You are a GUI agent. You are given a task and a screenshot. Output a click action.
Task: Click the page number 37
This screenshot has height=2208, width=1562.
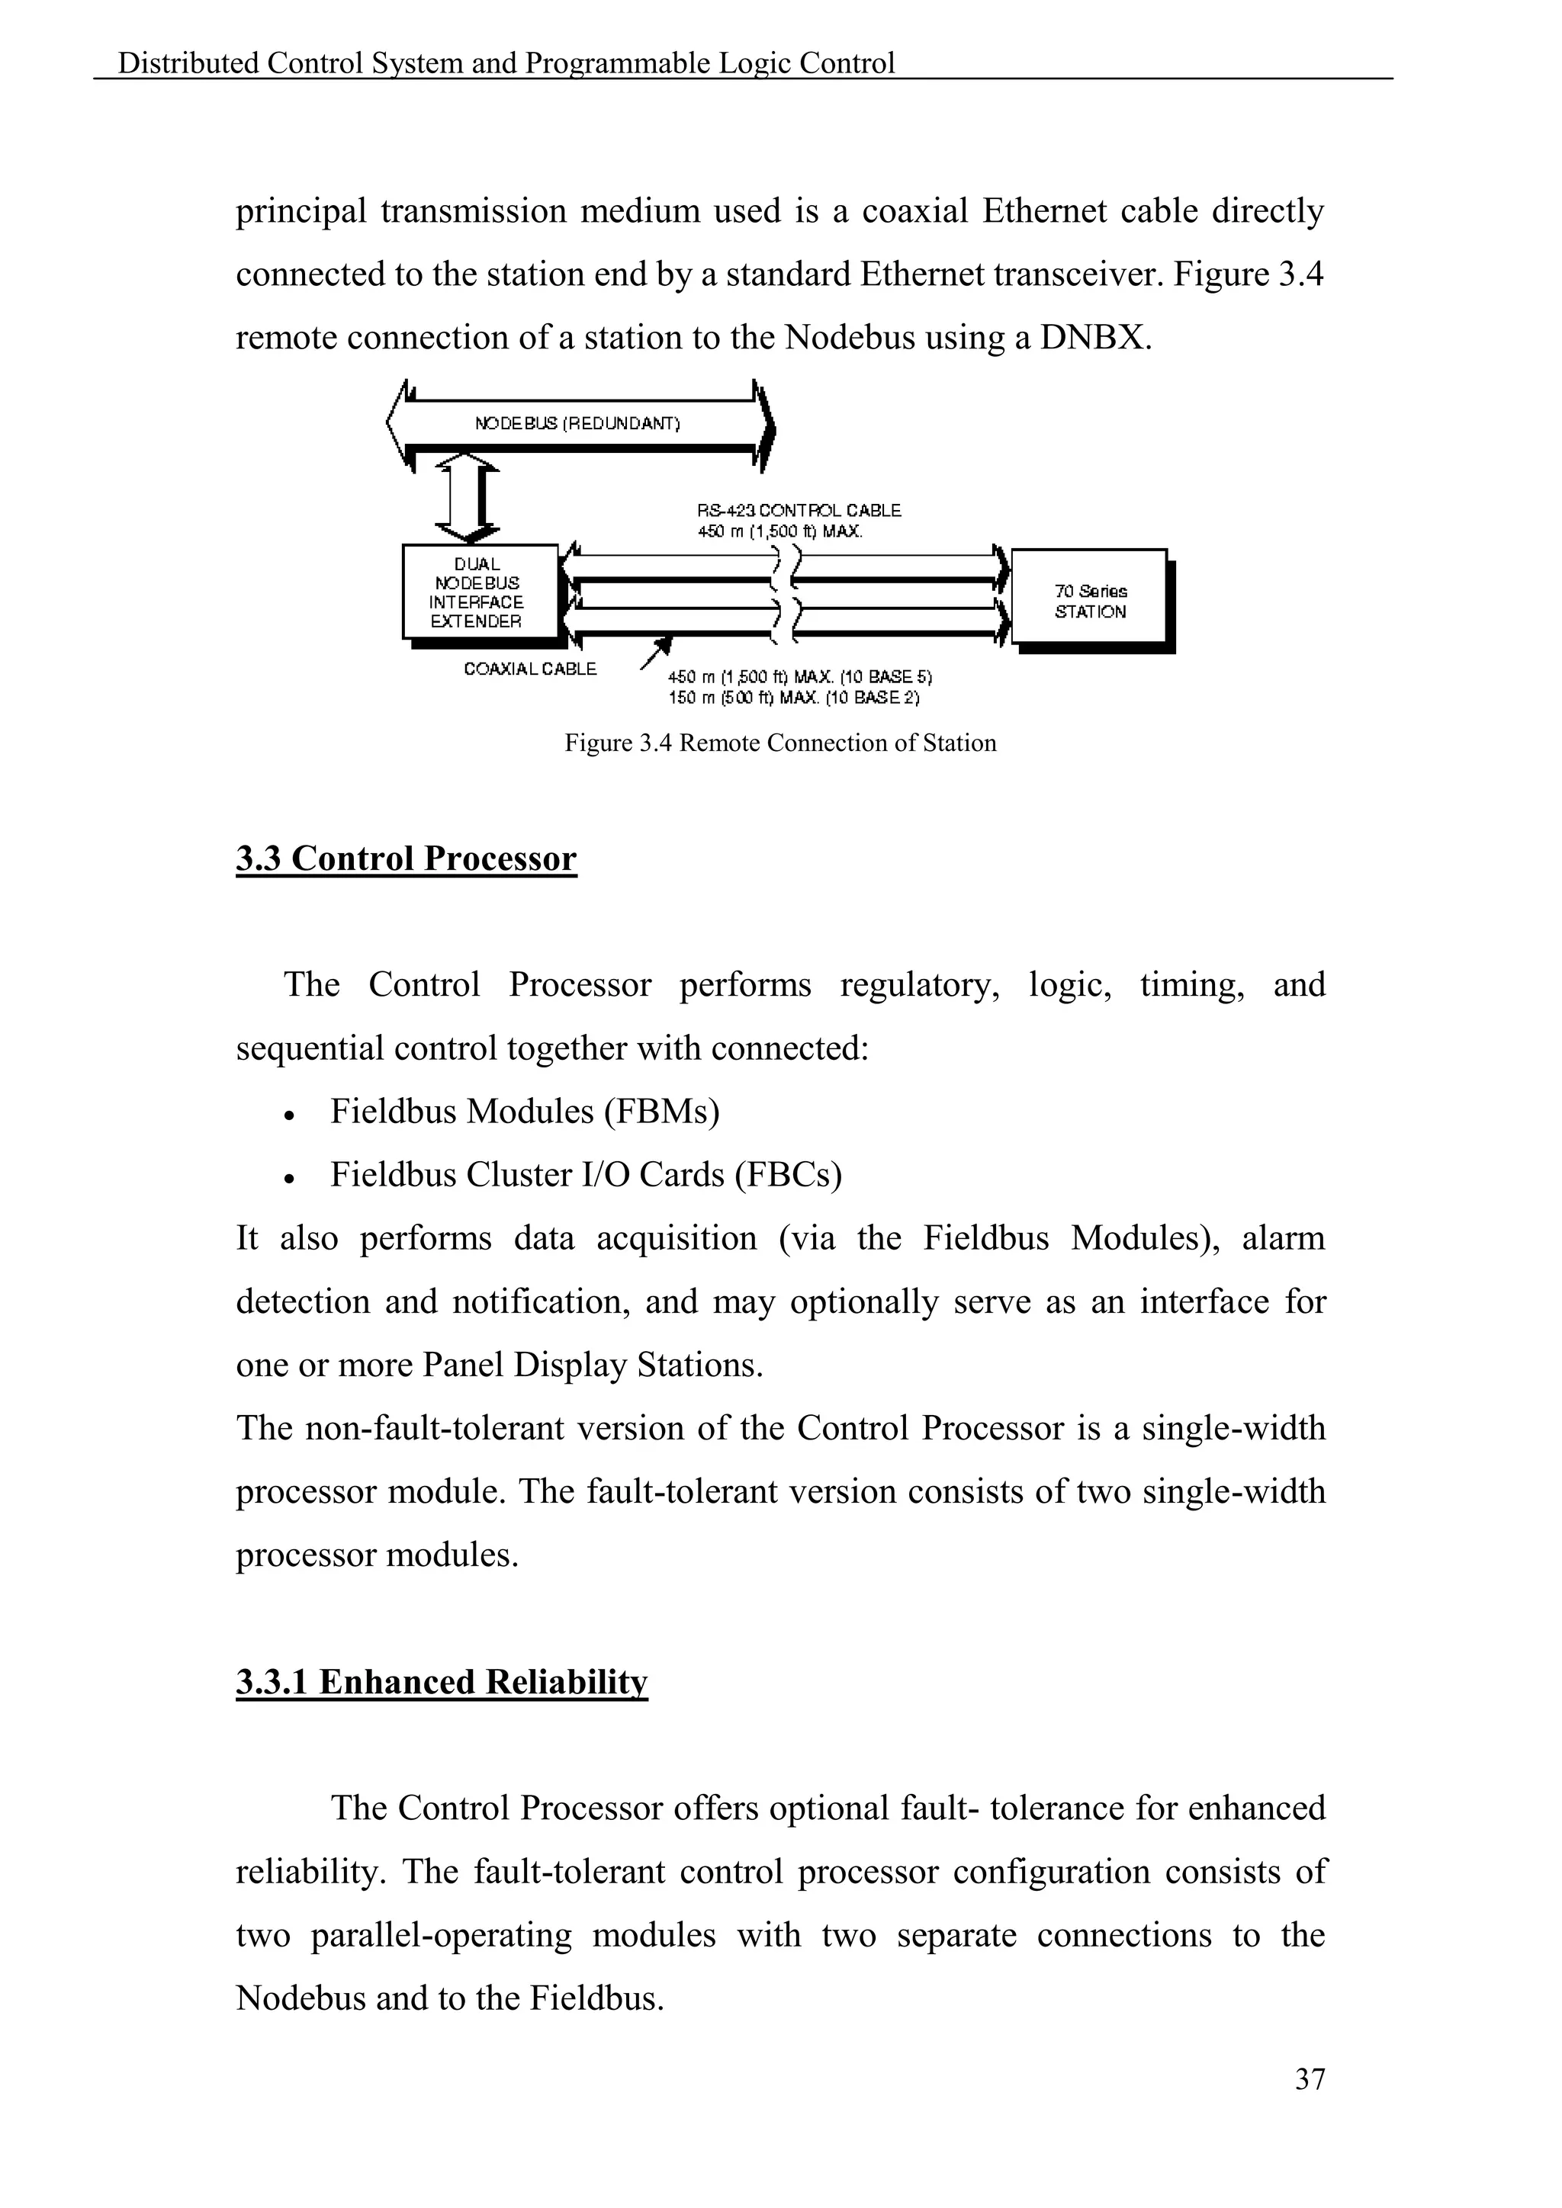coord(1309,2078)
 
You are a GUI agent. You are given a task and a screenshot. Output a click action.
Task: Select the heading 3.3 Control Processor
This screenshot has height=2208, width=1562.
coord(406,858)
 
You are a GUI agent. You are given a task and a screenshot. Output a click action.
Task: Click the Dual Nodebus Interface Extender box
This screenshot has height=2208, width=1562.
coord(478,592)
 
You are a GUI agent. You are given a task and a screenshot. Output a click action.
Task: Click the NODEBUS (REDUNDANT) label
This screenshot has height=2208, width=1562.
coord(577,423)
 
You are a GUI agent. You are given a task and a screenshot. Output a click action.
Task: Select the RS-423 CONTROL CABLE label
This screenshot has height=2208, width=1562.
coord(799,511)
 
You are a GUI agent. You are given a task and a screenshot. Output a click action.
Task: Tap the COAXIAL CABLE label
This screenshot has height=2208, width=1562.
coord(530,669)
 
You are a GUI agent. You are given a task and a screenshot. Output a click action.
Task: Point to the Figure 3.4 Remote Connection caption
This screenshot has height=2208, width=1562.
coord(780,743)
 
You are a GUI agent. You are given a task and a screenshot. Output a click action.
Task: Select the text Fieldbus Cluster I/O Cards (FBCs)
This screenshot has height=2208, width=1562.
coord(586,1174)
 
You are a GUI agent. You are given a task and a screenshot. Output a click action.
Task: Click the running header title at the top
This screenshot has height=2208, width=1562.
coord(506,63)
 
